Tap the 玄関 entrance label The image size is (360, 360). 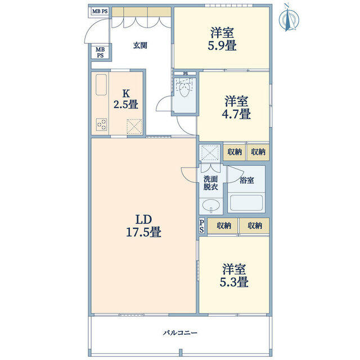coord(140,46)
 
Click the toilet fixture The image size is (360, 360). coord(184,91)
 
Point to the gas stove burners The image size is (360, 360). coord(102,124)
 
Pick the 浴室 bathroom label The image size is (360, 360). coord(246,180)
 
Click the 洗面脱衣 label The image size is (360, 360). coord(210,182)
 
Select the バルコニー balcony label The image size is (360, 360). coord(180,333)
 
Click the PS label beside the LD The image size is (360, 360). coord(202,226)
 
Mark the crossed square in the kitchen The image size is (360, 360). coord(134,125)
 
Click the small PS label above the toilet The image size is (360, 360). coord(185,74)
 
